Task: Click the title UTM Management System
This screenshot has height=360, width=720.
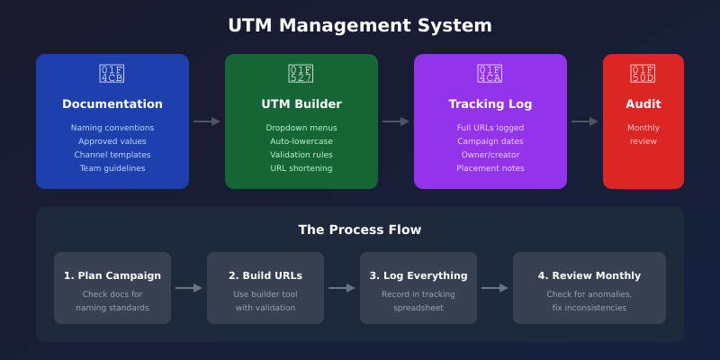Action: (360, 25)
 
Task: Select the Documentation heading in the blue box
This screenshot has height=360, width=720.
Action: (112, 104)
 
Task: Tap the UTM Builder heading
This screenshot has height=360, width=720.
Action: (301, 104)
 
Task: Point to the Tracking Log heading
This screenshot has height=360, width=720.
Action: (490, 104)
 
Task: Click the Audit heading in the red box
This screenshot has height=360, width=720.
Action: (643, 104)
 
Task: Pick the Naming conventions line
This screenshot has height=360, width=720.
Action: (112, 128)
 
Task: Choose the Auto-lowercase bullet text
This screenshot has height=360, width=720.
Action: (301, 141)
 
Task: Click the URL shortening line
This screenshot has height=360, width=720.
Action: (301, 168)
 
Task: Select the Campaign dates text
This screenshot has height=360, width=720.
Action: (490, 141)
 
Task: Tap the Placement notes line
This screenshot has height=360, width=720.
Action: (490, 168)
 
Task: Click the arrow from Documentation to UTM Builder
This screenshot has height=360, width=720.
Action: (207, 121)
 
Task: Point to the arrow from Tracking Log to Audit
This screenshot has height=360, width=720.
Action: (585, 121)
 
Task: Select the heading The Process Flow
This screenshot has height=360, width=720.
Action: (360, 229)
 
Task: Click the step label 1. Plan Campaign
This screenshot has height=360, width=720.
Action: (112, 275)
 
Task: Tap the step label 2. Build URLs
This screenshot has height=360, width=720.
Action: (265, 275)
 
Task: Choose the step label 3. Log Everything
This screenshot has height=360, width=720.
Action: (418, 275)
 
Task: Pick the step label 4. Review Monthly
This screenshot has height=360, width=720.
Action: (589, 275)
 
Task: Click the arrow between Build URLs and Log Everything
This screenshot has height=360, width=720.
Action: (342, 288)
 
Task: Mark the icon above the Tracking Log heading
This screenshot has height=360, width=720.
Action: (490, 74)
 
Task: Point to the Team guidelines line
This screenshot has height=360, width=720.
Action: (112, 168)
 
